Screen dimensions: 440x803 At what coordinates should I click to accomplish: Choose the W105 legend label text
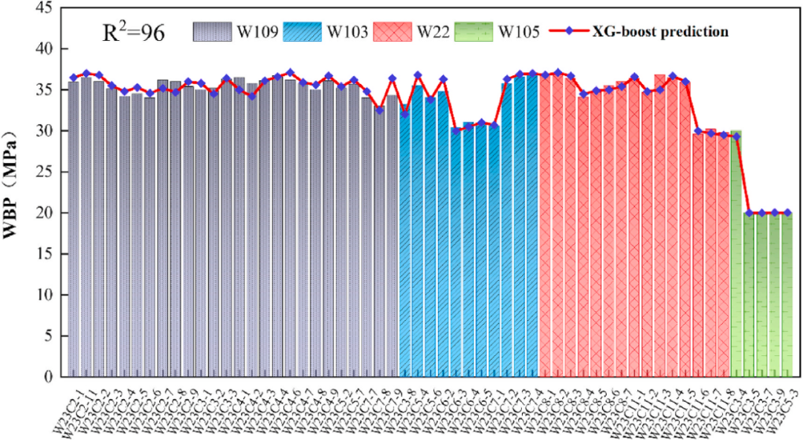click(518, 32)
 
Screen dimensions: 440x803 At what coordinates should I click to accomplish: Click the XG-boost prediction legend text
click(660, 31)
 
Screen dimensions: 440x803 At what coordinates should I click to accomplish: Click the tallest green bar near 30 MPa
click(736, 253)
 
